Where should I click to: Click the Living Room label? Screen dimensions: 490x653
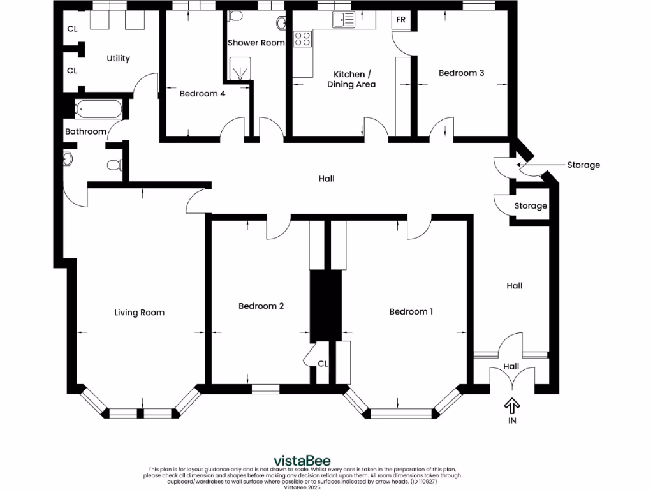pos(139,312)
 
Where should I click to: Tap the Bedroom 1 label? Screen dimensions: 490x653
pos(411,311)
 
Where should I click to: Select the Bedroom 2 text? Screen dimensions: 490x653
pos(261,306)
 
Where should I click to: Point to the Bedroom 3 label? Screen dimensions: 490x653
pos(461,73)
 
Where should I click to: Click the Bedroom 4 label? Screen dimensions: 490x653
pos(202,93)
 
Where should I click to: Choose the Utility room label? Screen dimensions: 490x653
pos(118,58)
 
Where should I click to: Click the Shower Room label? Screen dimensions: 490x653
pos(256,43)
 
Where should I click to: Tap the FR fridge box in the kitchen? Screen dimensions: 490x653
pos(400,20)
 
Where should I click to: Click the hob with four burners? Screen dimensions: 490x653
pos(302,39)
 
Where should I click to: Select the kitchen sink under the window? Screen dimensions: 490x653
pos(343,20)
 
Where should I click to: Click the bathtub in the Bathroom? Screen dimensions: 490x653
pos(98,109)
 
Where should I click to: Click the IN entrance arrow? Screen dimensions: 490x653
pos(511,406)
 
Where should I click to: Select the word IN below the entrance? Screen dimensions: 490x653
pos(511,420)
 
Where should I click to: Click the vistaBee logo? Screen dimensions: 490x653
pos(302,461)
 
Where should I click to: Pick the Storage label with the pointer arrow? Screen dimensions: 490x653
pos(583,165)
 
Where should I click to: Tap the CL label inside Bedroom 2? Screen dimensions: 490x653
pos(323,364)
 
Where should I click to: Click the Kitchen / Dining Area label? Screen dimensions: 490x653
pos(351,79)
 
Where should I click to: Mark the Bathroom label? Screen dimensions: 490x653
pos(85,131)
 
